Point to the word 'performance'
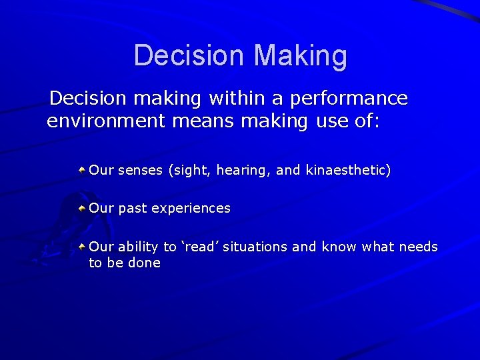click(345, 99)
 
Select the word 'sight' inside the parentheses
click(189, 171)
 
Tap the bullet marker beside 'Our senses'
click(81, 171)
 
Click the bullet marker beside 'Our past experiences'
click(81, 208)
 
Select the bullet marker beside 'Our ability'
click(81, 247)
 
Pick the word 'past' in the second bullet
click(133, 209)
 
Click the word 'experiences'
click(191, 209)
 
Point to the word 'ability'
click(138, 247)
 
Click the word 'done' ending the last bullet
click(145, 263)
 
